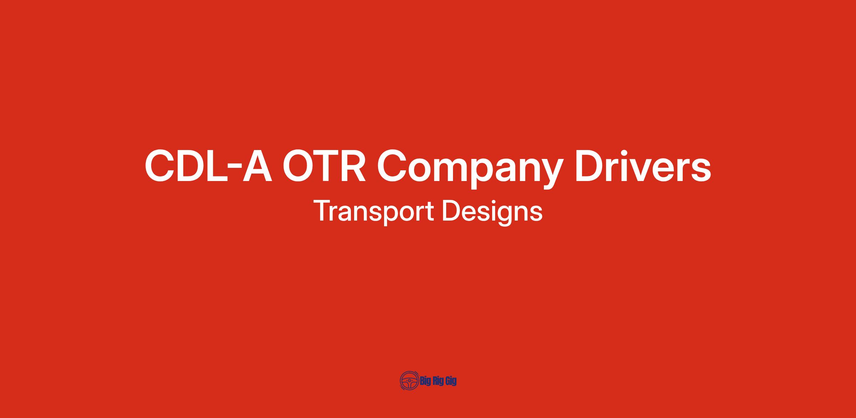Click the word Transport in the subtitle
click(373, 212)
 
